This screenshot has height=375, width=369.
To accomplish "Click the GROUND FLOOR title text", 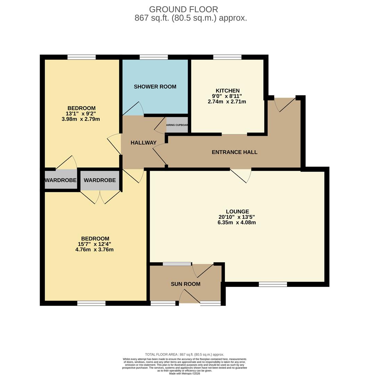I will (184, 9).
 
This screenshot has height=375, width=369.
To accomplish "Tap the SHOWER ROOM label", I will (155, 87).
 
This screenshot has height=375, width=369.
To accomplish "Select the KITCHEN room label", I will (228, 91).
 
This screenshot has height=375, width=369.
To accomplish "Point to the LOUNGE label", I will (237, 211).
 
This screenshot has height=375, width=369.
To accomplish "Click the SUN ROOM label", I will (185, 284).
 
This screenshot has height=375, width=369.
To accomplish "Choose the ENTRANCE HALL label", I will (234, 152).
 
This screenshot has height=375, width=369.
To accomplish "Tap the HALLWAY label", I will (143, 143).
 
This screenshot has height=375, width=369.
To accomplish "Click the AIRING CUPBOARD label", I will (177, 125).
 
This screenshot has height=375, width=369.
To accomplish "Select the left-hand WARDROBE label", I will (60, 180).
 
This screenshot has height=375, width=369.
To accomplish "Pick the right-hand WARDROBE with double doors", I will (100, 180).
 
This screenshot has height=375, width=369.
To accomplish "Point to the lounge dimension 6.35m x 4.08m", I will (237, 223).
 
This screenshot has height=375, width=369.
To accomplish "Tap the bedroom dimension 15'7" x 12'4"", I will (95, 244).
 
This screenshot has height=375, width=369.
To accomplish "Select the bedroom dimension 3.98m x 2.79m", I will (81, 119).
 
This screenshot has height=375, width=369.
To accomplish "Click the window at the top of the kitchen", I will (227, 57).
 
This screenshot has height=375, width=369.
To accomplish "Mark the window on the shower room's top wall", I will (153, 57).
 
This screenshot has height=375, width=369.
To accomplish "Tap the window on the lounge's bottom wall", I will (273, 284).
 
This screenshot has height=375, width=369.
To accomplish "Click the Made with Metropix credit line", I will (184, 373).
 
